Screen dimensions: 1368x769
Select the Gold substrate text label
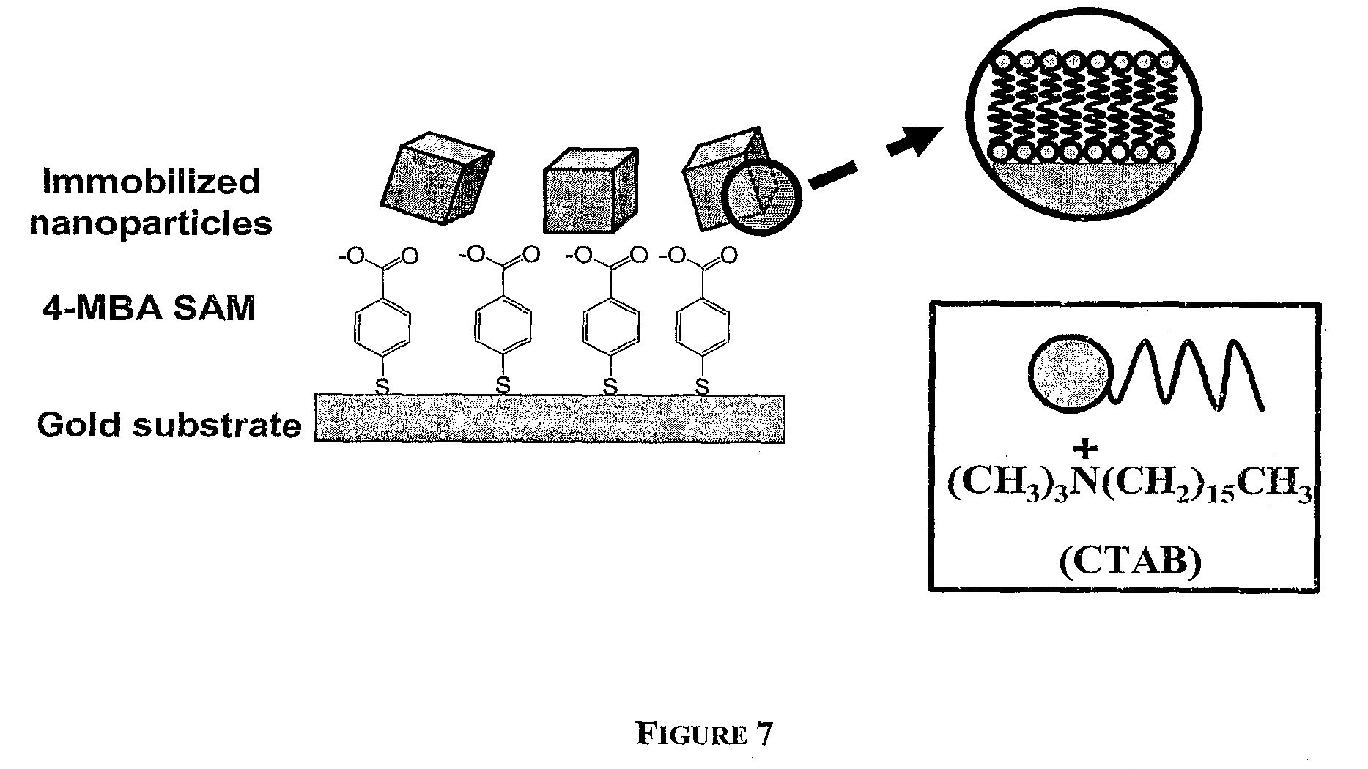(169, 425)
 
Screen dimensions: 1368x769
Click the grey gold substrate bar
(550, 419)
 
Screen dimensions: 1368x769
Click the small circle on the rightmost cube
(761, 196)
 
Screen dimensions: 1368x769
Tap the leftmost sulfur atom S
(382, 386)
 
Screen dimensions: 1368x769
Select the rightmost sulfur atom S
(702, 386)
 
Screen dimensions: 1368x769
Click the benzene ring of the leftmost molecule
(383, 327)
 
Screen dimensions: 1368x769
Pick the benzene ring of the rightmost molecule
(702, 327)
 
